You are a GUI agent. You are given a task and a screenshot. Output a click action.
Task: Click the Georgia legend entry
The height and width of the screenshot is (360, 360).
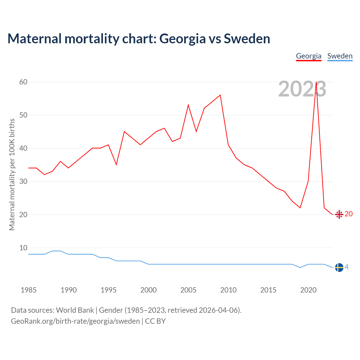click(309, 56)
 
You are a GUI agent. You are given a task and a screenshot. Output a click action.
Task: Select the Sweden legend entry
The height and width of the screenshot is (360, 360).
click(340, 56)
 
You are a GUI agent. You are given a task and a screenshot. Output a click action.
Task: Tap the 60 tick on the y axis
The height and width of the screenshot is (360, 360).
click(23, 82)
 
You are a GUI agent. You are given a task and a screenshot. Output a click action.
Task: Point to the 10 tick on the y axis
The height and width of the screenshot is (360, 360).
click(23, 248)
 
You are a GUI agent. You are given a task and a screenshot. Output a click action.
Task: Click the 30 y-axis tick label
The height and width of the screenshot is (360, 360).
click(23, 181)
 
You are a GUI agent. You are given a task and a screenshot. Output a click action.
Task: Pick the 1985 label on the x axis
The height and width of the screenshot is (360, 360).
click(28, 290)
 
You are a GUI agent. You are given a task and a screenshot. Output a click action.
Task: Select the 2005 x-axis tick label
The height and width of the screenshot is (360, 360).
click(188, 290)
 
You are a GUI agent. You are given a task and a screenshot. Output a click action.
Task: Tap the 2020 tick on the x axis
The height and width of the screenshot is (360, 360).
click(308, 290)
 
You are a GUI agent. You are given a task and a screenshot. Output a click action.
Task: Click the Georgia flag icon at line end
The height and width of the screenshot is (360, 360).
click(339, 214)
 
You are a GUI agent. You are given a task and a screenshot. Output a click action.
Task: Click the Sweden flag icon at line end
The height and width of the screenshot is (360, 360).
click(339, 267)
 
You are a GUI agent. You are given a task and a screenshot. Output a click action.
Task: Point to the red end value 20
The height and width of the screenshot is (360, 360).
click(348, 214)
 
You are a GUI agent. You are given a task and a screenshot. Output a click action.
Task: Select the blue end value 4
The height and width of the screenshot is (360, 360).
click(346, 267)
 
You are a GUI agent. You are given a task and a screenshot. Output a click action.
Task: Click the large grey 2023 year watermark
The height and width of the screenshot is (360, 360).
click(302, 89)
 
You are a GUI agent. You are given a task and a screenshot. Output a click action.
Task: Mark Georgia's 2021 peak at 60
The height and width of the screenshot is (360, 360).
click(316, 82)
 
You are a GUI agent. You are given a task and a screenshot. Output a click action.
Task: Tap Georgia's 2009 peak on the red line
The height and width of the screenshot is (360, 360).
click(220, 95)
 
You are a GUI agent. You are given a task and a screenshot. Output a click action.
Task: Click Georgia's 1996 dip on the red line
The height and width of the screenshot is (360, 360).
click(116, 165)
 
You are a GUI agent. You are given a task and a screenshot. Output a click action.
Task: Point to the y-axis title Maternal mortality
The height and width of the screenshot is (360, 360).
click(12, 174)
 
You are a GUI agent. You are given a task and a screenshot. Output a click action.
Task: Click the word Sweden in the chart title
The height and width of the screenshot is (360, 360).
click(247, 39)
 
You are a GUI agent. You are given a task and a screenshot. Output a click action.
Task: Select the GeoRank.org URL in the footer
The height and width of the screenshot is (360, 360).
click(75, 321)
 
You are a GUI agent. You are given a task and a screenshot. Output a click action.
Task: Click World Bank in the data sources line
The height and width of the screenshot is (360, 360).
click(75, 310)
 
